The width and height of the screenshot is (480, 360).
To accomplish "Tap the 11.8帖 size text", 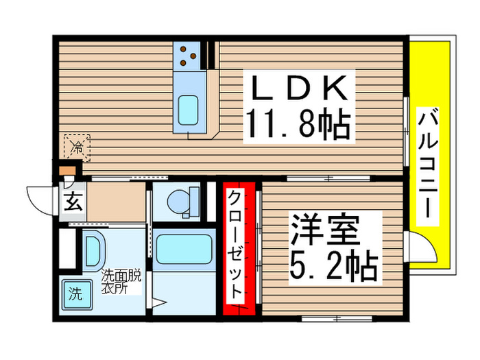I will (297, 125).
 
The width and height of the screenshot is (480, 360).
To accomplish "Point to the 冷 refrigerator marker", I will (77, 147).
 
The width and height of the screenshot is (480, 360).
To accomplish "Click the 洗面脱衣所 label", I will (121, 282).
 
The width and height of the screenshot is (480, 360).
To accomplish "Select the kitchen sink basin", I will (187, 110).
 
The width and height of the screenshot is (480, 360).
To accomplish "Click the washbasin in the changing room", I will (93, 250).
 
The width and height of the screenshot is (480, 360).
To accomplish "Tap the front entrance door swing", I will (41, 195).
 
